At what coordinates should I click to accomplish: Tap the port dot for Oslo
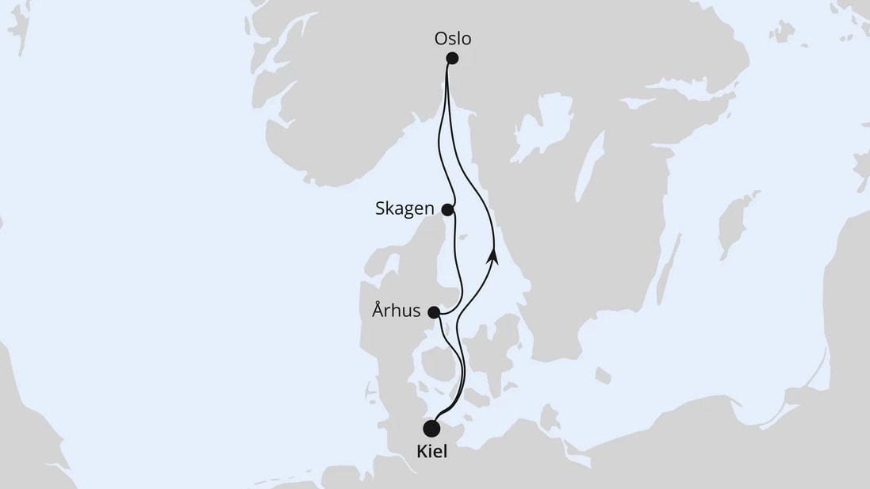coord(453,58)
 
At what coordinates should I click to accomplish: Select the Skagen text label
coord(404,209)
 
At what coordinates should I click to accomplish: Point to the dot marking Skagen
coord(447,210)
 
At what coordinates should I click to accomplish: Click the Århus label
coord(396,311)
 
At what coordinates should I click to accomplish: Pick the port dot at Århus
coord(434,312)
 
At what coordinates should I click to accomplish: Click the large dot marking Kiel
coord(431,429)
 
